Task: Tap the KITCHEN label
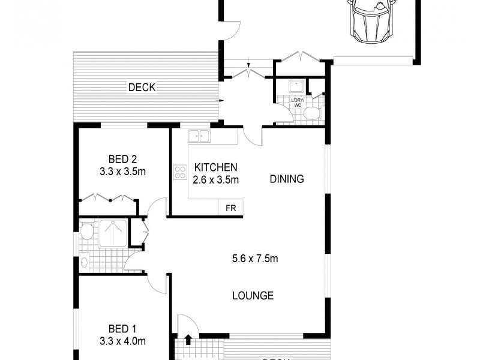(x=215, y=167)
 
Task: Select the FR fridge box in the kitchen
(x=230, y=208)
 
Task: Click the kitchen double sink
(x=199, y=136)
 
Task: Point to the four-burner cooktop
(x=180, y=173)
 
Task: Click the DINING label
(x=286, y=179)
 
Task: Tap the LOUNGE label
(x=253, y=295)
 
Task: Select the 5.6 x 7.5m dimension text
(x=254, y=259)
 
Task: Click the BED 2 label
(x=122, y=159)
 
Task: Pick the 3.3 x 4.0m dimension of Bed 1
(x=122, y=341)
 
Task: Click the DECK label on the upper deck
(x=142, y=88)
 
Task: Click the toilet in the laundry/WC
(x=311, y=113)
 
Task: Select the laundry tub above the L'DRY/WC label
(x=295, y=86)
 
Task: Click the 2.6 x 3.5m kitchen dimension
(x=215, y=179)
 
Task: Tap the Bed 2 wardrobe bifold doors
(x=106, y=197)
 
